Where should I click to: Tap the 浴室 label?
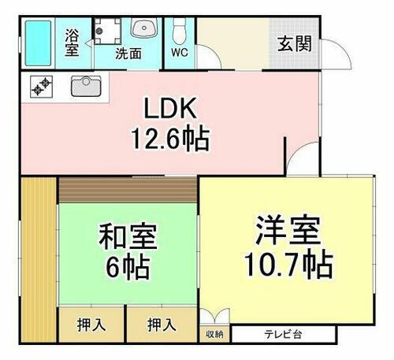[x=72, y=43]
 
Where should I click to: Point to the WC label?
[x=179, y=55]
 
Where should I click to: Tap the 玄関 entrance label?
[x=293, y=43]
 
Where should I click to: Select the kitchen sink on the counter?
[x=84, y=86]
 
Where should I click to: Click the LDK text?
[x=169, y=109]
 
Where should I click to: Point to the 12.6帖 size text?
[x=169, y=139]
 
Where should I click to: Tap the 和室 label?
[x=128, y=236]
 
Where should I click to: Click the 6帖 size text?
[x=128, y=265]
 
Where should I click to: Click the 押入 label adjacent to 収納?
[x=162, y=325]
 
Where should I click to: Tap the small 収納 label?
[x=214, y=334]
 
